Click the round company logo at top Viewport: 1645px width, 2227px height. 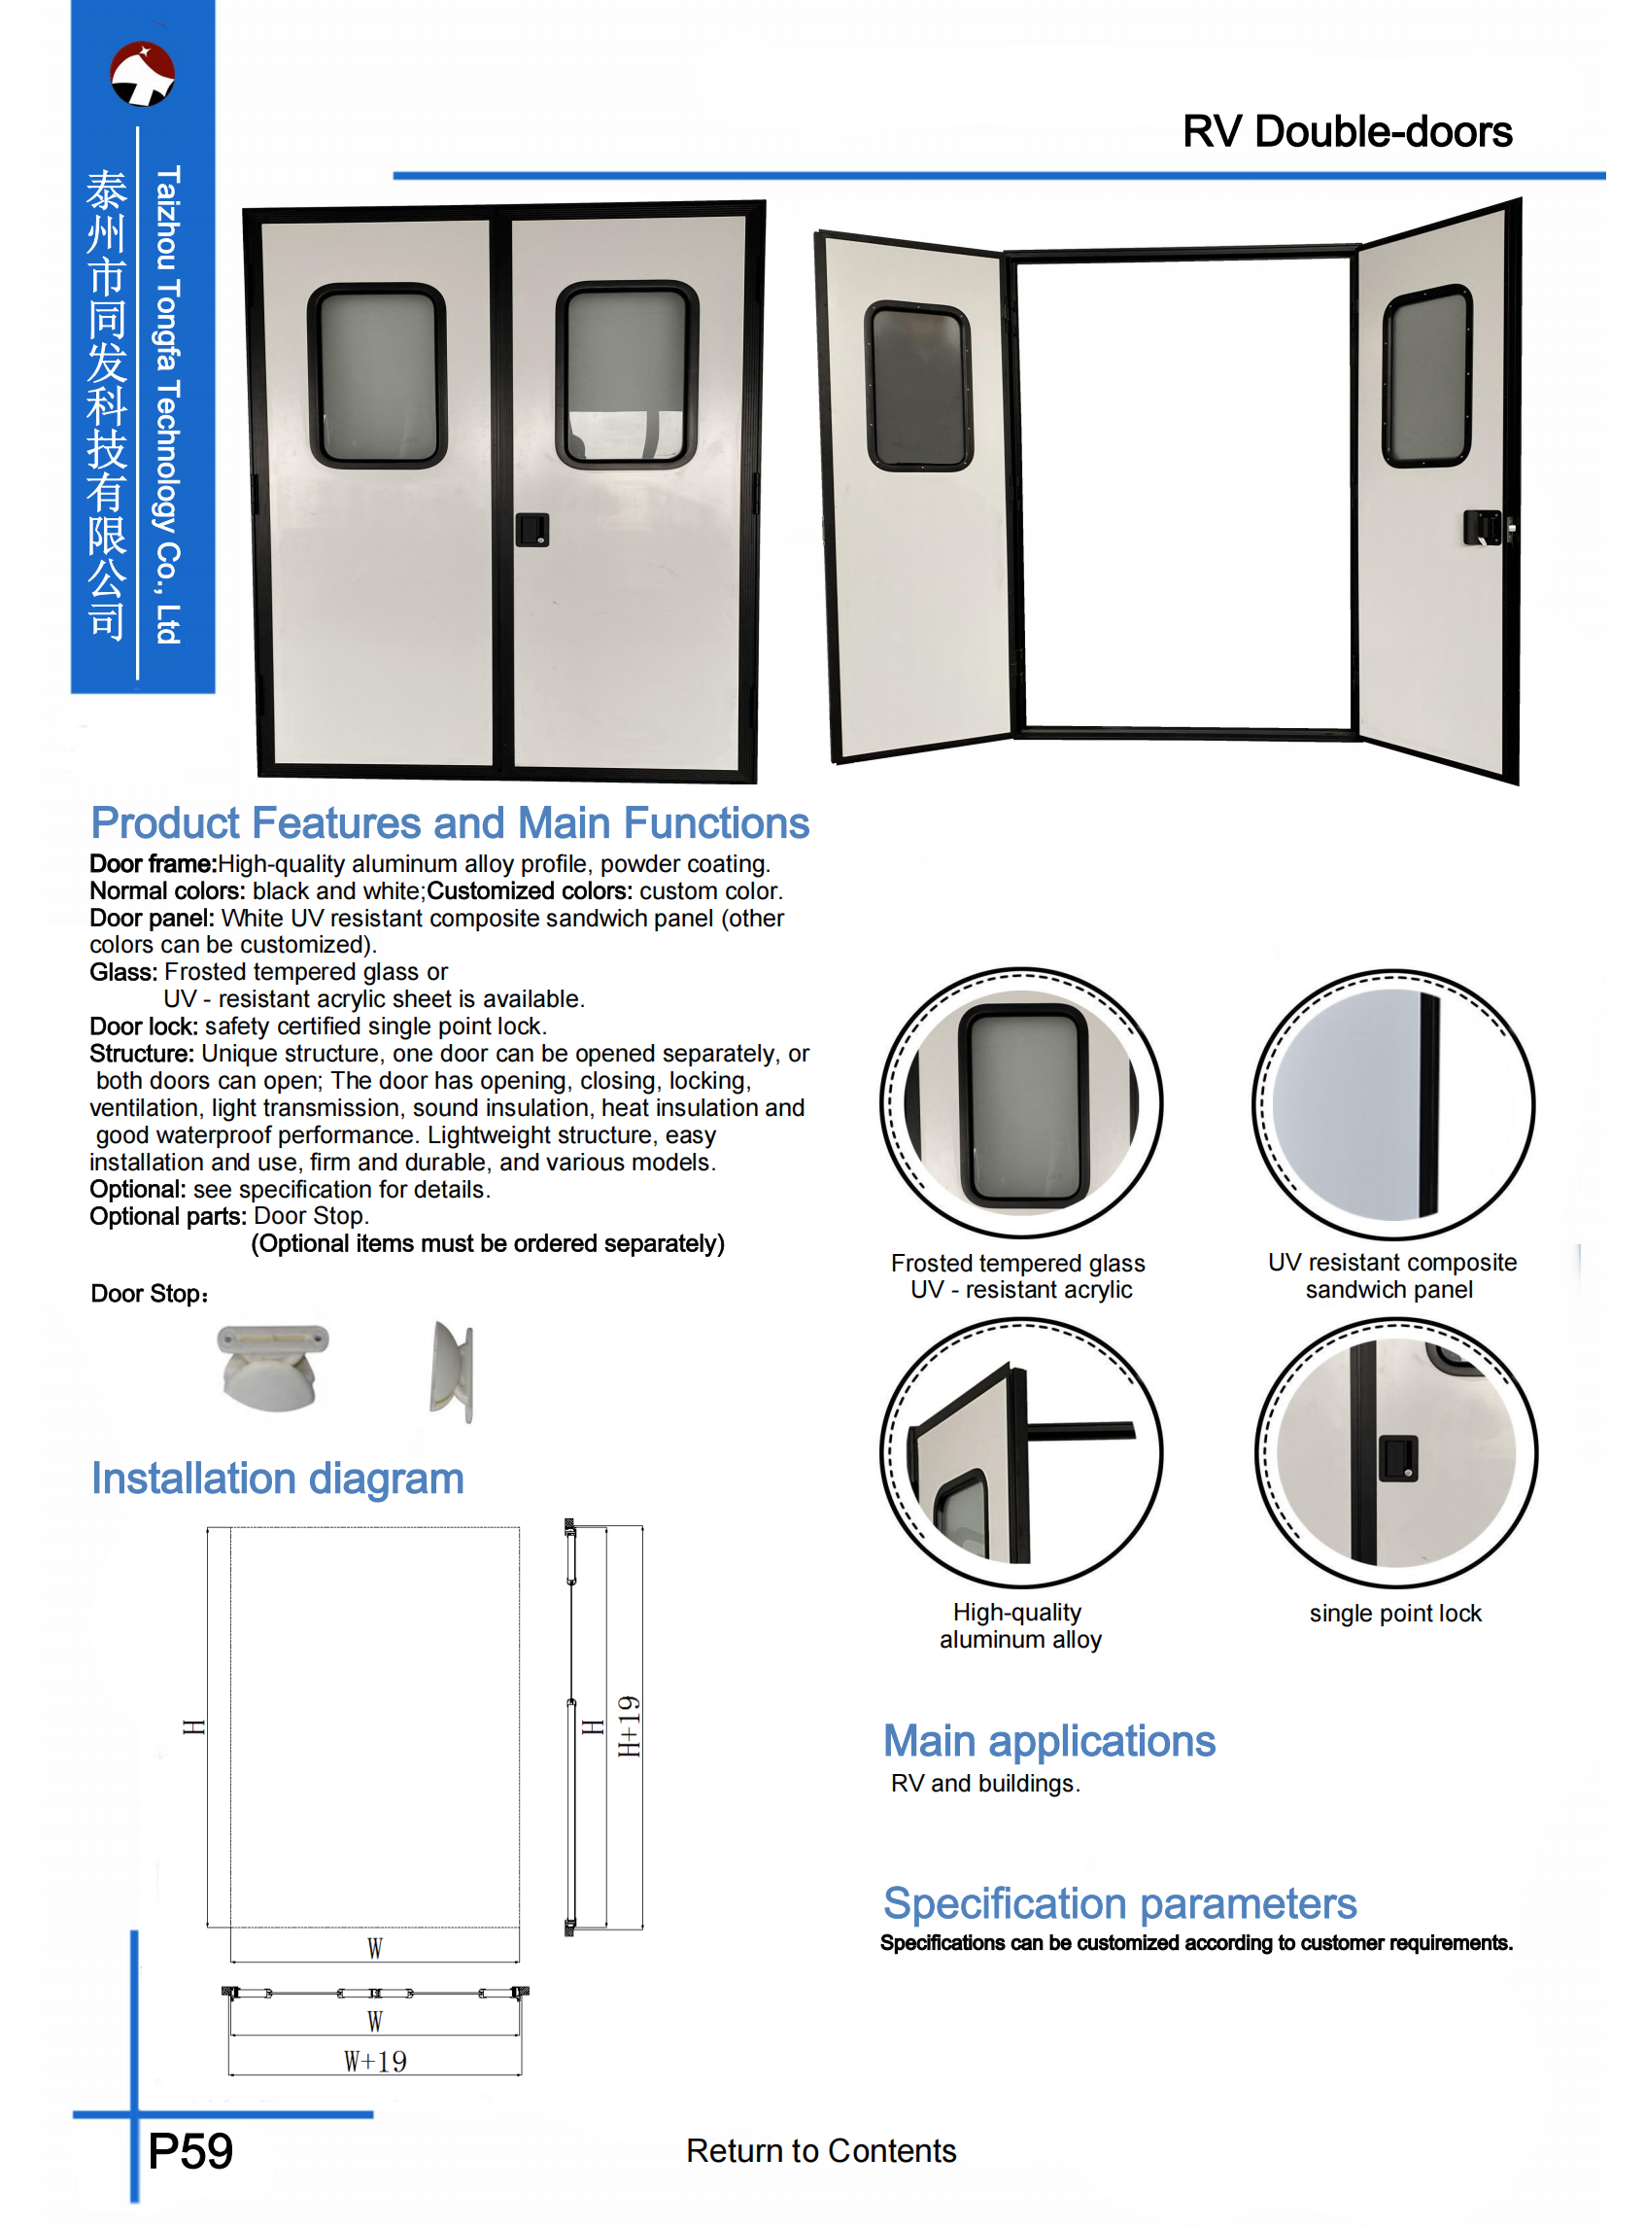pos(143,74)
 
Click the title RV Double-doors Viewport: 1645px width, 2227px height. pos(1347,131)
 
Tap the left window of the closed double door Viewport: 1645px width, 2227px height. pos(377,374)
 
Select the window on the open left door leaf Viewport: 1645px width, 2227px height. pos(918,386)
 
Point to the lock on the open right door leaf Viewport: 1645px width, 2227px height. pos(1484,527)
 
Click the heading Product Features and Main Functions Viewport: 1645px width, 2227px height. pos(449,823)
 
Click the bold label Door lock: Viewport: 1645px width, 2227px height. pos(144,1026)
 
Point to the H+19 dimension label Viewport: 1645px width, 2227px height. pos(629,1726)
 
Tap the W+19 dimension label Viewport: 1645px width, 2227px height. pos(374,2061)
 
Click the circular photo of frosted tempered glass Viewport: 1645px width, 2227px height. pos(1020,1103)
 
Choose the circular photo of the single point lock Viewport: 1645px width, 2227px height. pos(1395,1452)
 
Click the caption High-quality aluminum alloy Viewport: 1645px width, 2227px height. pos(1018,1624)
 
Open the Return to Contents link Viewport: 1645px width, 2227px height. pos(820,2150)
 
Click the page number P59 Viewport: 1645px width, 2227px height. pos(190,2151)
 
